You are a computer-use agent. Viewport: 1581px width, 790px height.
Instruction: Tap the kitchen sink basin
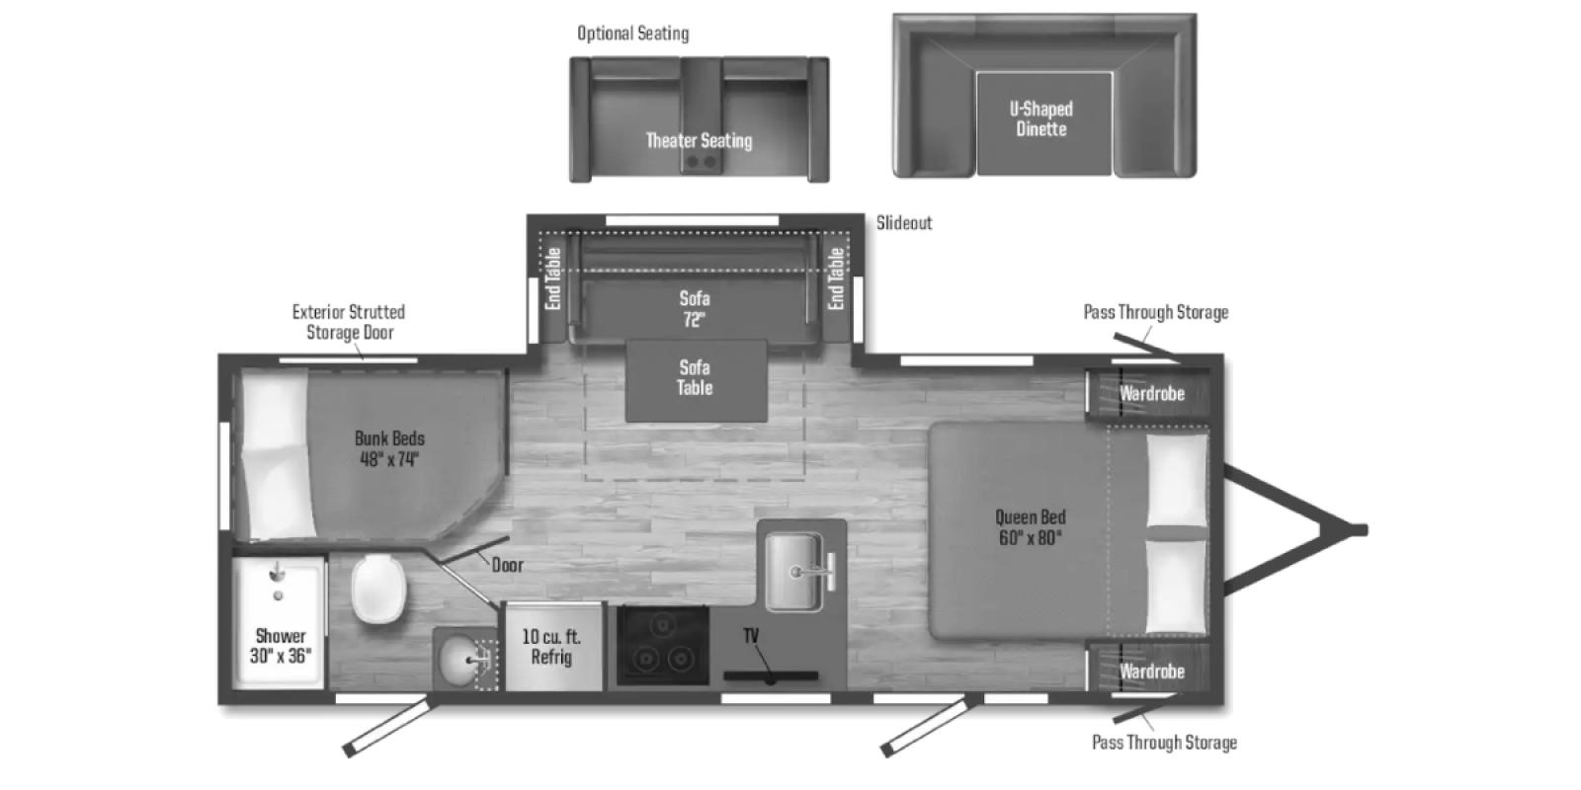coord(794,571)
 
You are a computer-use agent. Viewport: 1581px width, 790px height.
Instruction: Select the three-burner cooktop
coord(663,646)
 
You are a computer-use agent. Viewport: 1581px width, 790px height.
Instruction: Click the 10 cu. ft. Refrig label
coord(552,647)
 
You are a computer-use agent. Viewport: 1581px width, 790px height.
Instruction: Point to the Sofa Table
coord(696,381)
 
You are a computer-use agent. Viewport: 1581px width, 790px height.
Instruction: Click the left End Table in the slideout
coord(553,279)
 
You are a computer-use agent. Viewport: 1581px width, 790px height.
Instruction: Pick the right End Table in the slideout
coord(836,279)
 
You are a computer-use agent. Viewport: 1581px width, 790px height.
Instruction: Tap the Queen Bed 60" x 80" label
coord(1031,527)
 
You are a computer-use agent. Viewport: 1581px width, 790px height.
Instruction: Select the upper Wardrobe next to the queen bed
coord(1151,393)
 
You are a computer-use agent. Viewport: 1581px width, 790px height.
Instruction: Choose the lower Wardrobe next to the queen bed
coord(1151,671)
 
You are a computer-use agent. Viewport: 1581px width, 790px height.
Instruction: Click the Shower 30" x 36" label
coord(281,646)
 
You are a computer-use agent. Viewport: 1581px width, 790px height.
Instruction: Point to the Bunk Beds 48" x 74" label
coord(389,448)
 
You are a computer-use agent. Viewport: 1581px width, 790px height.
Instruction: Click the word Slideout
coord(904,223)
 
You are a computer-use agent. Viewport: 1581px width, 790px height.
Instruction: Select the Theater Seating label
coord(699,140)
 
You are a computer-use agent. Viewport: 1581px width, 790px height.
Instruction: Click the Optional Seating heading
coord(633,34)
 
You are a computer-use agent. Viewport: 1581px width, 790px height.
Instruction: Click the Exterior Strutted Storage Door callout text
coord(349,322)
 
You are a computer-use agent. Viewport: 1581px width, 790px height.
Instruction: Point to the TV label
coord(751,636)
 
